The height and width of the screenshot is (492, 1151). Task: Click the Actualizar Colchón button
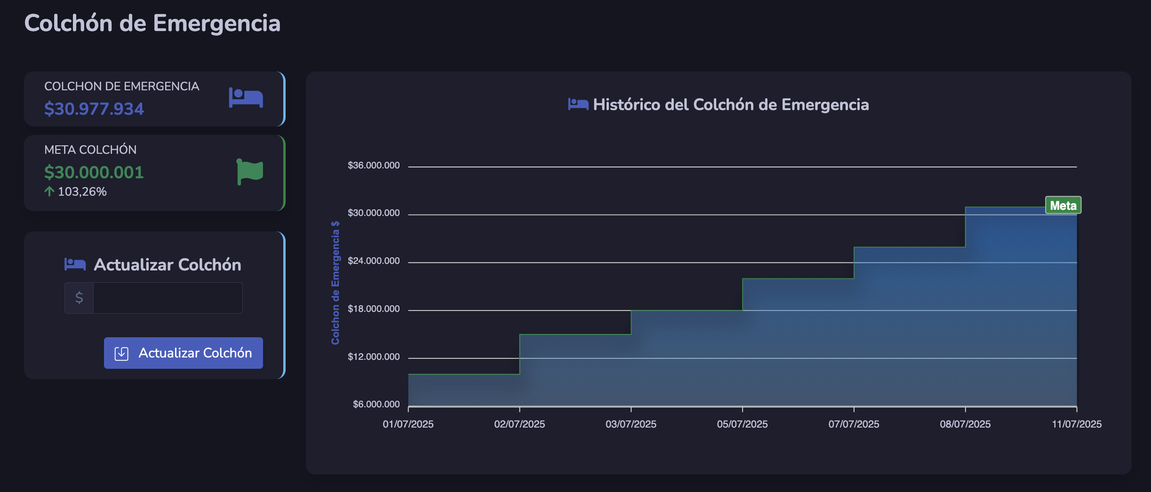(x=184, y=353)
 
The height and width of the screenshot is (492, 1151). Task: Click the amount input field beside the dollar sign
(x=168, y=298)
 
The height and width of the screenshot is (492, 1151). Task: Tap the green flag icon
(x=250, y=172)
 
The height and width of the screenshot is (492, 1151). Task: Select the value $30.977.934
(x=94, y=109)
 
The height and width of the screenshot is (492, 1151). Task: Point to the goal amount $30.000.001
(x=94, y=172)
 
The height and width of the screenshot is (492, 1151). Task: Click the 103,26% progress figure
(x=82, y=192)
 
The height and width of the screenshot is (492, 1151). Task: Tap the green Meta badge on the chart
(x=1063, y=206)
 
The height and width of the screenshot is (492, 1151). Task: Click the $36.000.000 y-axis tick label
(x=374, y=166)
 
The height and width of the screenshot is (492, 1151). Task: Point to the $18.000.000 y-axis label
(x=374, y=309)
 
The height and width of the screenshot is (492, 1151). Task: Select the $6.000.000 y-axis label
(x=376, y=405)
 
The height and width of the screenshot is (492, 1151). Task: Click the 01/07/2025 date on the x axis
(x=408, y=424)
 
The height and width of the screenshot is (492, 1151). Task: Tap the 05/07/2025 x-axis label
(x=742, y=424)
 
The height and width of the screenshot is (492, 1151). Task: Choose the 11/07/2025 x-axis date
(x=1077, y=424)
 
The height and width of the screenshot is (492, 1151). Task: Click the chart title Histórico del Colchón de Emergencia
(x=730, y=104)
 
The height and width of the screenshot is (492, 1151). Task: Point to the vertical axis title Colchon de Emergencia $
(x=336, y=283)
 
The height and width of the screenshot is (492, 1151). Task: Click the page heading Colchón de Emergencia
(x=152, y=24)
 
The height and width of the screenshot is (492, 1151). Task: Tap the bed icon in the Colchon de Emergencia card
(x=246, y=98)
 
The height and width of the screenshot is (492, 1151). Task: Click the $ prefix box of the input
(x=79, y=298)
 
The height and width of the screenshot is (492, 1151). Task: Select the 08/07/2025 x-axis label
(x=965, y=424)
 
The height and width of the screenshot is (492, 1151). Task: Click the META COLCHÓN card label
(x=90, y=150)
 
